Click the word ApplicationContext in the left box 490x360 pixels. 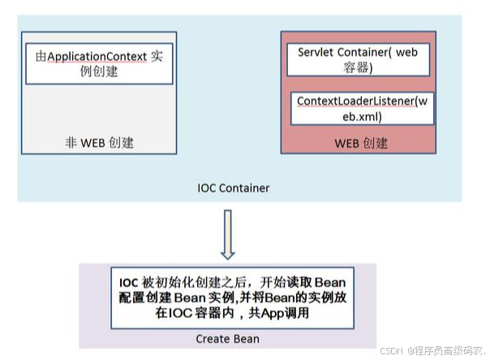coord(97,57)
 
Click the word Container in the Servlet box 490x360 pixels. coord(360,52)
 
